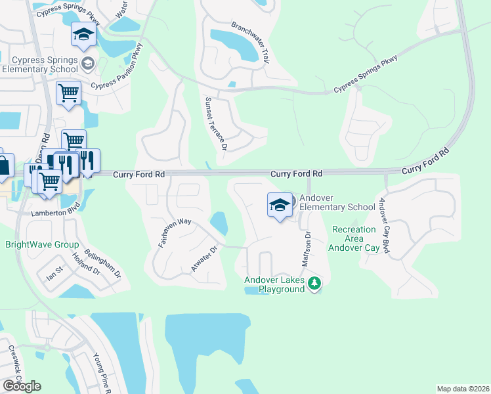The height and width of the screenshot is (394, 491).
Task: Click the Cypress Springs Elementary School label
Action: [x=41, y=63]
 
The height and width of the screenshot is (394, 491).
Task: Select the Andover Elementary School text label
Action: [x=337, y=202]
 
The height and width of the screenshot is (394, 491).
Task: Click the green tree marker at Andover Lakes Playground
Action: [x=315, y=283]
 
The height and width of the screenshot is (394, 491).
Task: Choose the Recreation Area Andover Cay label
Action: [x=354, y=239]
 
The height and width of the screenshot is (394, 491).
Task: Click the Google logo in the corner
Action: [x=22, y=385]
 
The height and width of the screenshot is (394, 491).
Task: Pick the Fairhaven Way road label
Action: [x=175, y=233]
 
